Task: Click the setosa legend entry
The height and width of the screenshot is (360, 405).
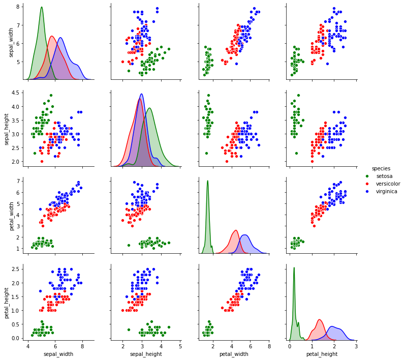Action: (x=384, y=176)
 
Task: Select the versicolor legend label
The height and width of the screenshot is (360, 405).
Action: (x=388, y=184)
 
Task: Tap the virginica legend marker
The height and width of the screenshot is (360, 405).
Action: (x=367, y=191)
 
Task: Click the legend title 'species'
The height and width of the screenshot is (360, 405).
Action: (x=381, y=168)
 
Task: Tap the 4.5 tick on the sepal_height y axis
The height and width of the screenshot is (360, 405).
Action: (x=16, y=93)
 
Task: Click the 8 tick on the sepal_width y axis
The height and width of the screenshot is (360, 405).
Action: (x=18, y=7)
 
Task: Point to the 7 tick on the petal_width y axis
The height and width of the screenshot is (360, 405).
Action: (x=18, y=181)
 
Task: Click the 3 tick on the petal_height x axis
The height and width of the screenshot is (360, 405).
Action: (x=356, y=346)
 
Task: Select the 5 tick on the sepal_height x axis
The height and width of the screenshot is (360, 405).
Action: (x=180, y=346)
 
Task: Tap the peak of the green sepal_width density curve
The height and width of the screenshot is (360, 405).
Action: (x=41, y=7)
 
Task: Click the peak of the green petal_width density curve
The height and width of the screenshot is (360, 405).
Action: (x=207, y=181)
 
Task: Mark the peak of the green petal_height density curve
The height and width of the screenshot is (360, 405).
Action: (x=294, y=267)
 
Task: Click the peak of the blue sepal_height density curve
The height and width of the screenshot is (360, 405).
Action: (x=141, y=94)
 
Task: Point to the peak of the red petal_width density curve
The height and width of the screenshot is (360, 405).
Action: (x=235, y=230)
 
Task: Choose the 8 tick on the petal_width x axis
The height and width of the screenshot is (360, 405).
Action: (x=269, y=346)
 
